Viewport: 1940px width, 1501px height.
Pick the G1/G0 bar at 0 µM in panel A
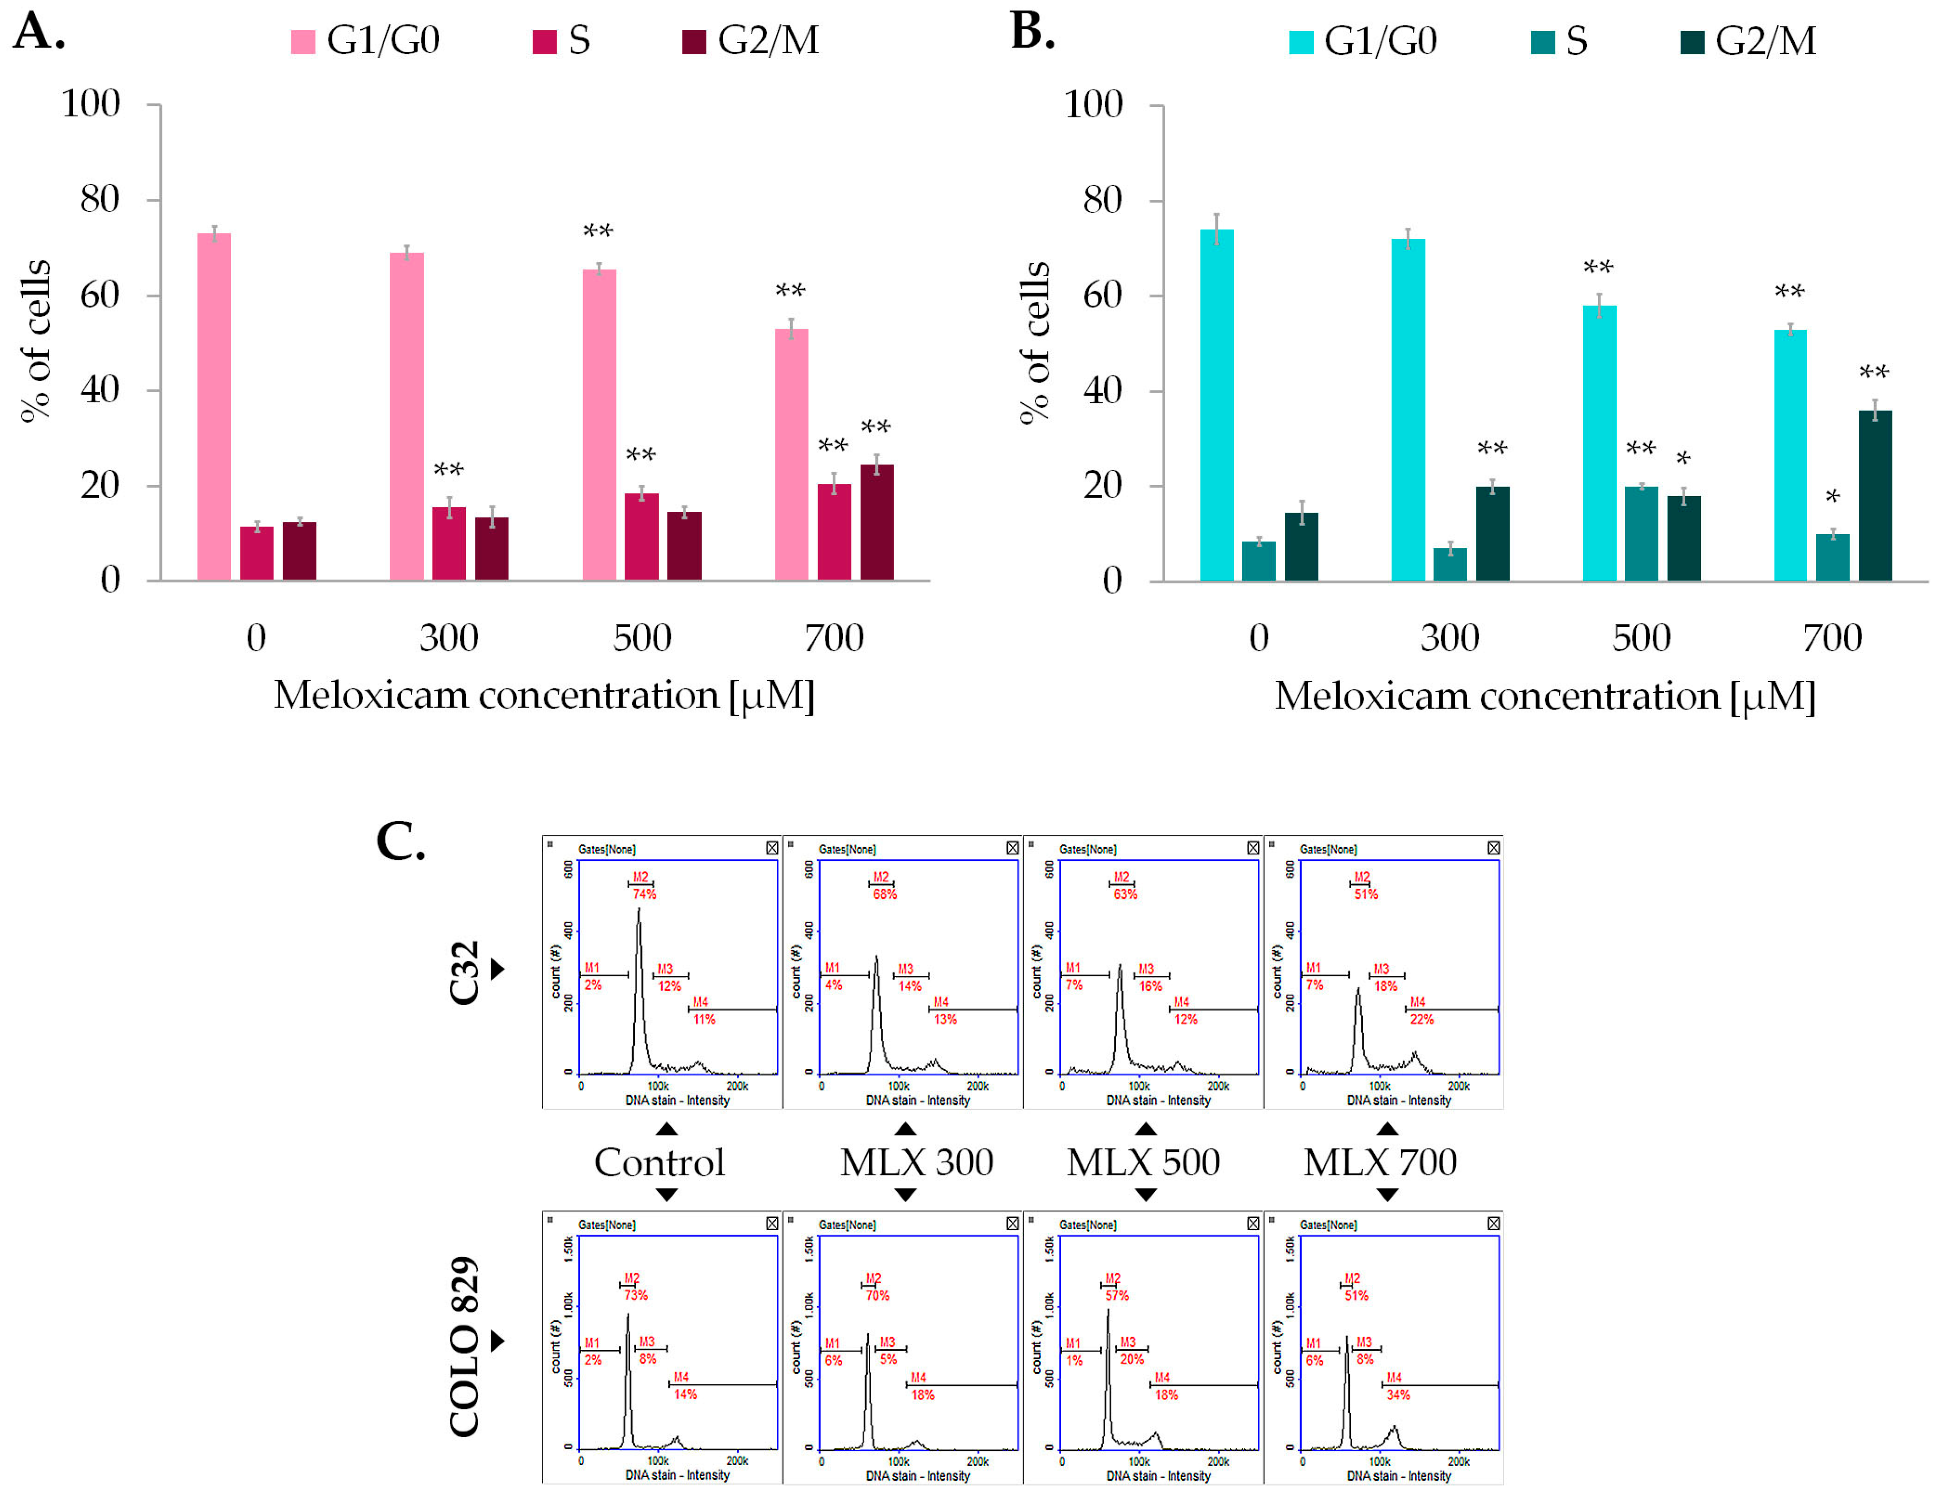pyautogui.click(x=214, y=407)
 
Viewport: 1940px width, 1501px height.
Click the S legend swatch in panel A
pyautogui.click(x=543, y=42)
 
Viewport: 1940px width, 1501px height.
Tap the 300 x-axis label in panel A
pyautogui.click(x=449, y=638)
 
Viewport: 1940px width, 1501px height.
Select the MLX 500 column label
pyautogui.click(x=1143, y=1162)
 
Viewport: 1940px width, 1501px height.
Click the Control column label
pyautogui.click(x=659, y=1162)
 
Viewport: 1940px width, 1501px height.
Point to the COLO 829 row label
pyautogui.click(x=464, y=1346)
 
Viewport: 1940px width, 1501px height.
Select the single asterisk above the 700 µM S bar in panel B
pyautogui.click(x=1831, y=497)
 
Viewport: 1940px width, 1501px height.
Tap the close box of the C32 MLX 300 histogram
pyautogui.click(x=1012, y=848)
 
